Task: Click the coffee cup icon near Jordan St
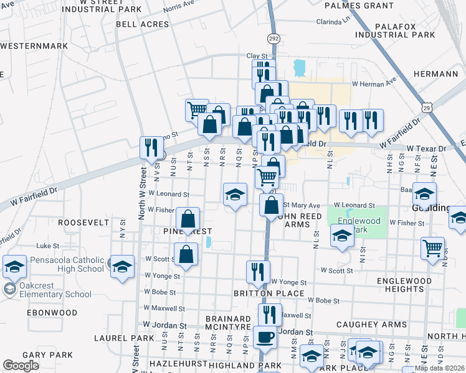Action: (266, 338)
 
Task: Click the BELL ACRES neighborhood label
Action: (142, 24)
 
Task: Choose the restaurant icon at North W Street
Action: (151, 148)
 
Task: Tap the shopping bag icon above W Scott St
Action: (186, 253)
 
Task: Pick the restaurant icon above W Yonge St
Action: (257, 270)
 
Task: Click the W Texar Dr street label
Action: (427, 149)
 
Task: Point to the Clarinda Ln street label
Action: (333, 21)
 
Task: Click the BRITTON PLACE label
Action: (269, 293)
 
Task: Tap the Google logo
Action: (21, 366)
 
